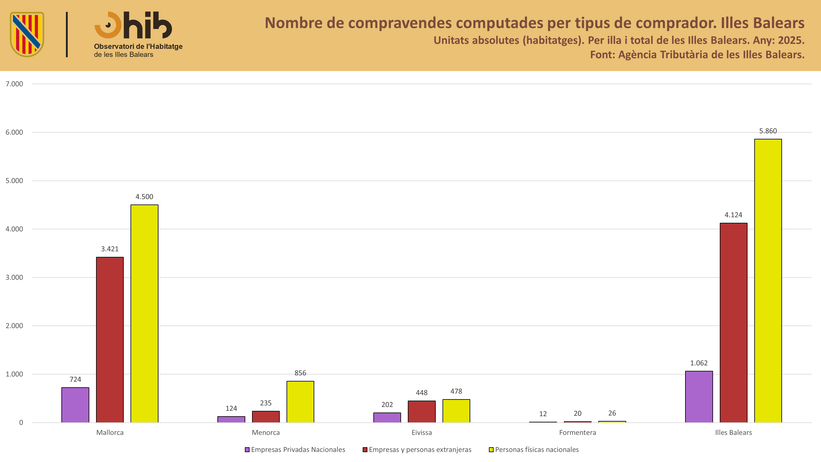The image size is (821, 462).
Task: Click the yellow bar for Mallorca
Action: pos(144,314)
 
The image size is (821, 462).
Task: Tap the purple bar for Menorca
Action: pos(231,419)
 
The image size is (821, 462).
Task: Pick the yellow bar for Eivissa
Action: pos(456,411)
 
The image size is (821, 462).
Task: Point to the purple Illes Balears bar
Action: pos(699,397)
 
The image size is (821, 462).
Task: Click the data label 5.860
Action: pos(768,131)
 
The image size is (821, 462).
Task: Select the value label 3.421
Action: pos(110,249)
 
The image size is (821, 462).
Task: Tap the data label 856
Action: pos(300,373)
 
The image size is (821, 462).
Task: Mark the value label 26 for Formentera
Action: pos(612,413)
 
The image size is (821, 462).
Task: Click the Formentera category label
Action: pos(578,433)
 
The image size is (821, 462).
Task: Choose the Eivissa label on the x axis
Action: pos(422,433)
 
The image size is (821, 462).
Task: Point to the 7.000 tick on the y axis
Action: pos(14,84)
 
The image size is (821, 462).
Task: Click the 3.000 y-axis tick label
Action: pos(14,277)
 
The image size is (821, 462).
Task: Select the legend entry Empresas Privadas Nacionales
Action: pos(295,449)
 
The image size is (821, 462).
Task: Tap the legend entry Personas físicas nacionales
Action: pos(534,449)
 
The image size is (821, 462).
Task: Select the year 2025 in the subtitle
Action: pos(791,40)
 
